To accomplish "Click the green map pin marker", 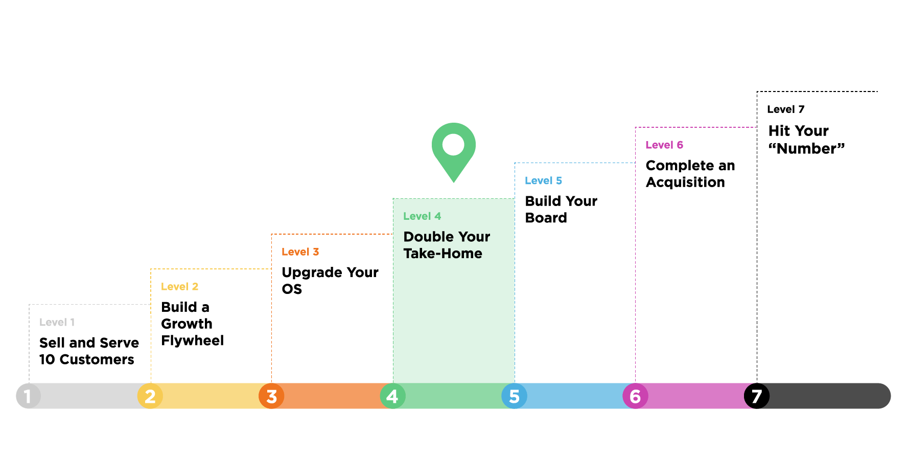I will (453, 148).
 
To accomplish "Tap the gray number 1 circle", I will (28, 396).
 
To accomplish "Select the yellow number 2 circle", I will (150, 396).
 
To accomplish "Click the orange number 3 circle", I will (271, 396).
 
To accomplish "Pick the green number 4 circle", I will (392, 396).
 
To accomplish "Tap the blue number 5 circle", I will (514, 396).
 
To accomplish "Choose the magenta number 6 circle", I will (635, 396).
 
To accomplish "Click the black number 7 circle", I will (756, 396).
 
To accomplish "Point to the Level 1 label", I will (57, 323).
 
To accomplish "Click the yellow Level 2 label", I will (179, 287).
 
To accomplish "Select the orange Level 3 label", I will (300, 252).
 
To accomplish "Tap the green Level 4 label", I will (422, 216).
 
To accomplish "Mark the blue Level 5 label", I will (543, 181).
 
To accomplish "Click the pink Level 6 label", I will (664, 145).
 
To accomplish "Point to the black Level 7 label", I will (785, 109).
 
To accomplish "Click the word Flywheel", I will (192, 341).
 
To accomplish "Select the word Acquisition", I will (685, 182).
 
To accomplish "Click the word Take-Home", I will (443, 254).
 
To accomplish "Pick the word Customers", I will (97, 360).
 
